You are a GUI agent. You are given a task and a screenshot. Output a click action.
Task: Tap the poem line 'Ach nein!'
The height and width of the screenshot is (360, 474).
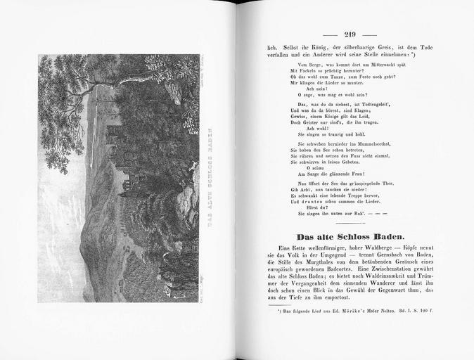tap(309, 87)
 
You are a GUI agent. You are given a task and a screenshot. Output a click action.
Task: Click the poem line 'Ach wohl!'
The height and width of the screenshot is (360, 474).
tap(310, 127)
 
